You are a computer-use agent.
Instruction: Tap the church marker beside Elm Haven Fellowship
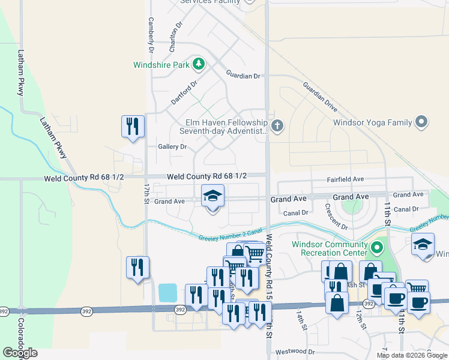pos(276,126)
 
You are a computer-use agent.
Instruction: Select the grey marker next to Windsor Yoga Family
pos(421,122)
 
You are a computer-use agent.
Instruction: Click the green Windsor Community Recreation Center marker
pos(376,247)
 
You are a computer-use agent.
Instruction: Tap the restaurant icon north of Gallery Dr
pos(133,127)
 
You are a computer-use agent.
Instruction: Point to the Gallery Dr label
pos(172,146)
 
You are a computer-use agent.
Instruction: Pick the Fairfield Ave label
pos(345,179)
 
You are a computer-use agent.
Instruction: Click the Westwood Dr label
pos(295,352)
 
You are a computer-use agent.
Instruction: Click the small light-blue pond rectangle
pos(167,293)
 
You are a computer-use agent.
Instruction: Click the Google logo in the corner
pos(20,353)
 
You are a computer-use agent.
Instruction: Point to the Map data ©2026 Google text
pos(411,355)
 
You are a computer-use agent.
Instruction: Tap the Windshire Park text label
pos(161,64)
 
